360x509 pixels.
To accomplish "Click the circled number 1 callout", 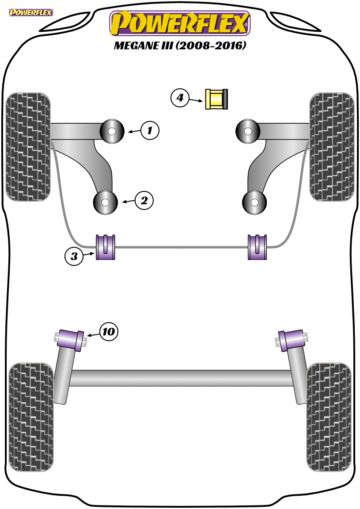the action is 150,130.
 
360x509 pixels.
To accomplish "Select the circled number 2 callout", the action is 144,200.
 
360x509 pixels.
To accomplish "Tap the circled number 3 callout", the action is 74,256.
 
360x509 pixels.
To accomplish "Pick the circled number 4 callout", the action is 180,97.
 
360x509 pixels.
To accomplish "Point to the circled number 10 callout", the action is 109,331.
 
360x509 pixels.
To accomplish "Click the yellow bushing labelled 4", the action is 216,99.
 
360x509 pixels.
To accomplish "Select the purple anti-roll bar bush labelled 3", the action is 106,247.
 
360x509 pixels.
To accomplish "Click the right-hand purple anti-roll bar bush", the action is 258,247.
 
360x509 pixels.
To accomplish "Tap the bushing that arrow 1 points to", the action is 112,132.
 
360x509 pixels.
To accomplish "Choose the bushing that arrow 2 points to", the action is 105,202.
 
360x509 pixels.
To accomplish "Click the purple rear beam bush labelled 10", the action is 70,339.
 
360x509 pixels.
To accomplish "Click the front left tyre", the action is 28,147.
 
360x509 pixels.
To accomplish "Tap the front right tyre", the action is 331,147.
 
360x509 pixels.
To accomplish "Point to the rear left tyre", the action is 31,417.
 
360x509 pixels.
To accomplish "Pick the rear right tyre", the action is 329,417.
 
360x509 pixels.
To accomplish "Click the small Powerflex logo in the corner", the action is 31,13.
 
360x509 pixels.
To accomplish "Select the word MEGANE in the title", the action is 136,46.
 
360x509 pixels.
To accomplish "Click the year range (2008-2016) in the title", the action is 211,45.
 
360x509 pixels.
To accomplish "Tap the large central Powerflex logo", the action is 180,23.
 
